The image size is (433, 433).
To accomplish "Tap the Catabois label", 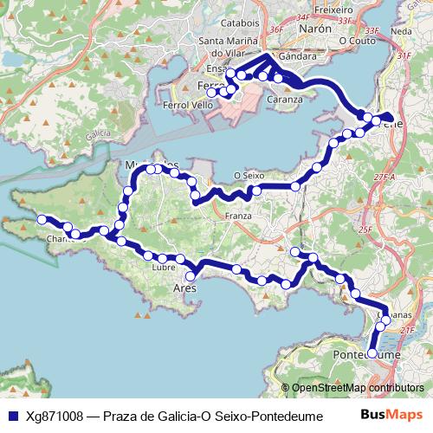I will (x=240, y=23).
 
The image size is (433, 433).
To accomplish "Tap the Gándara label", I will (x=297, y=55).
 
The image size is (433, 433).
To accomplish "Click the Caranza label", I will (x=285, y=99).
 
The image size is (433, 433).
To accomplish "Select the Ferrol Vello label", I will (x=188, y=105).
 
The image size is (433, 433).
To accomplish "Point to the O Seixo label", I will (x=249, y=175).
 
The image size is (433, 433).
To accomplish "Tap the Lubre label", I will (x=163, y=268).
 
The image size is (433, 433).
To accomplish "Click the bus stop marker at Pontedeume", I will (x=372, y=353).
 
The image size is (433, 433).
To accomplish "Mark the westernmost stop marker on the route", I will (x=40, y=220).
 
